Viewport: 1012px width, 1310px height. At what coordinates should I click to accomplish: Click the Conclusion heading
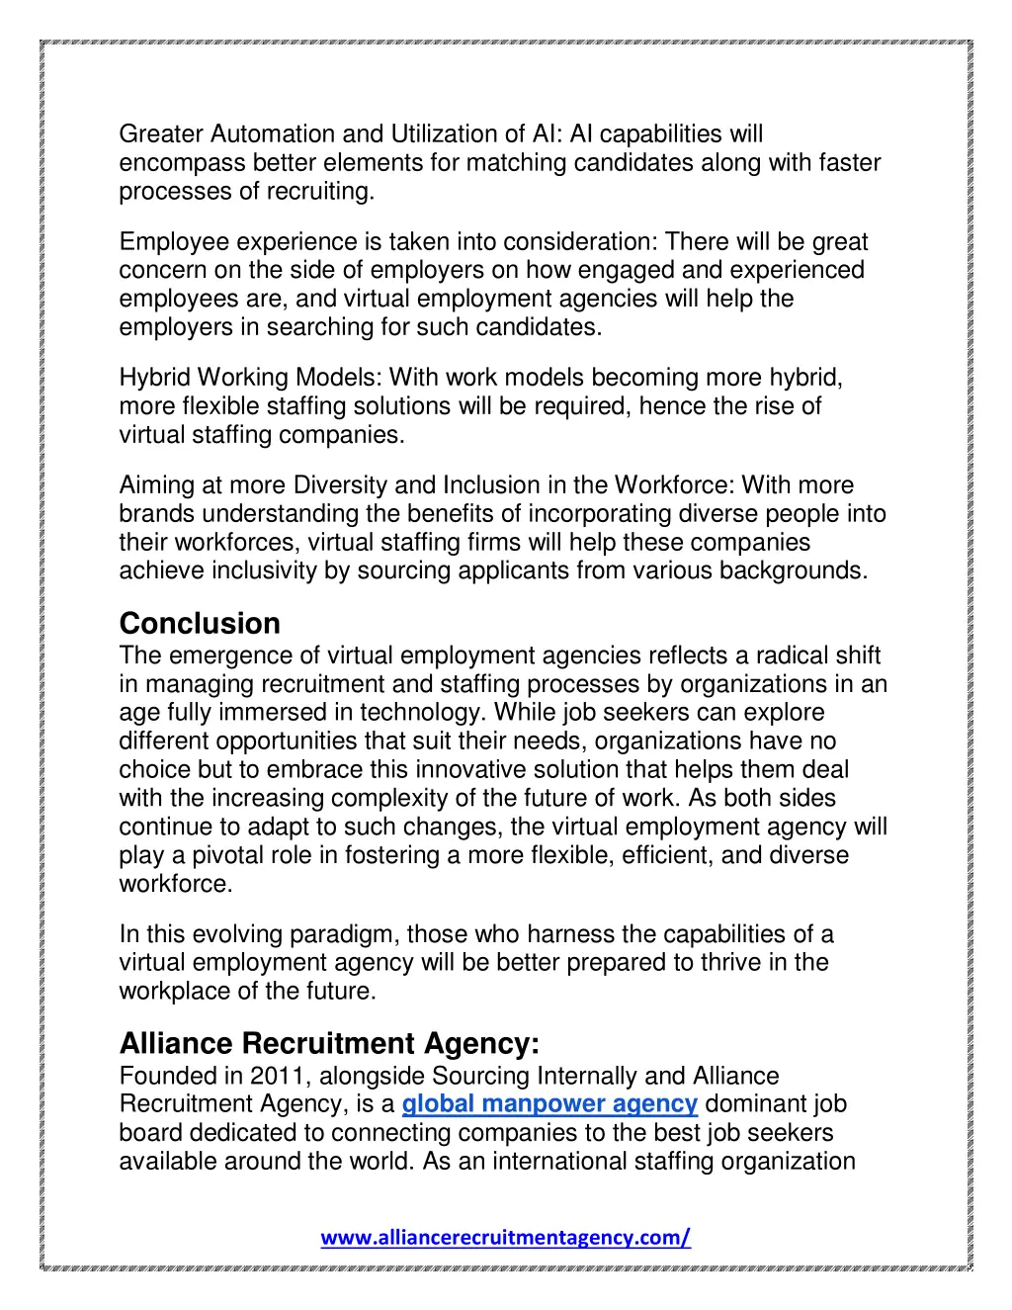(200, 624)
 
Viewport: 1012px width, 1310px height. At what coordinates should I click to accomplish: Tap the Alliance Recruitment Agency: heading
(329, 1044)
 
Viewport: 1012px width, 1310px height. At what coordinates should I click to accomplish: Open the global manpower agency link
(549, 1104)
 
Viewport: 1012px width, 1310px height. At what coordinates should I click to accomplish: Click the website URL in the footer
(505, 1238)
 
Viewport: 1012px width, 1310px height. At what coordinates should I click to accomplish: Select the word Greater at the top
(160, 134)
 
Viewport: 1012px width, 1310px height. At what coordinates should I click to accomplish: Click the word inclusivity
(264, 571)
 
